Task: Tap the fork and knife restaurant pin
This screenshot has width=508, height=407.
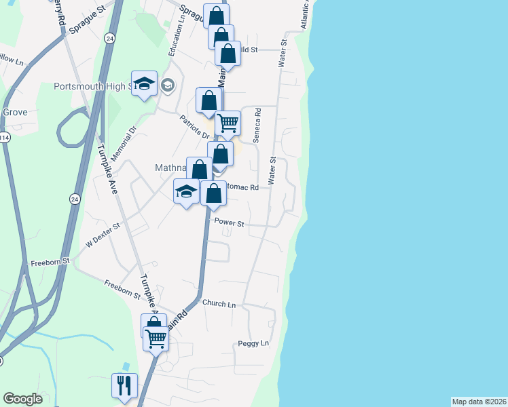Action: tap(124, 385)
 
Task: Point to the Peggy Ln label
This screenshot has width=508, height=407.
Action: tap(253, 344)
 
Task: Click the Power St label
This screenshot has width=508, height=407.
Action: tap(229, 222)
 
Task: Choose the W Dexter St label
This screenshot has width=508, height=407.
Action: tap(103, 234)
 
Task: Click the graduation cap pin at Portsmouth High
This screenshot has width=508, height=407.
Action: tap(144, 84)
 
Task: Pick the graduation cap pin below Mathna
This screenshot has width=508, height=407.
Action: tap(186, 192)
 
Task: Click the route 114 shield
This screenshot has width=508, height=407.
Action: tap(4, 138)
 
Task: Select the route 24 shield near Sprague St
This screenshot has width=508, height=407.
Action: tap(109, 39)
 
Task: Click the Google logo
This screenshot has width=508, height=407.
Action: tap(22, 399)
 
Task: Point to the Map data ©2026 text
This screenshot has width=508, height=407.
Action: tap(479, 402)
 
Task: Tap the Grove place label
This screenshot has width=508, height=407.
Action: tap(15, 112)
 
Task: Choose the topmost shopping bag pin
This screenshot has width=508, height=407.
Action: tap(216, 16)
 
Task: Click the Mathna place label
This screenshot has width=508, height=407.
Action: tap(168, 167)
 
